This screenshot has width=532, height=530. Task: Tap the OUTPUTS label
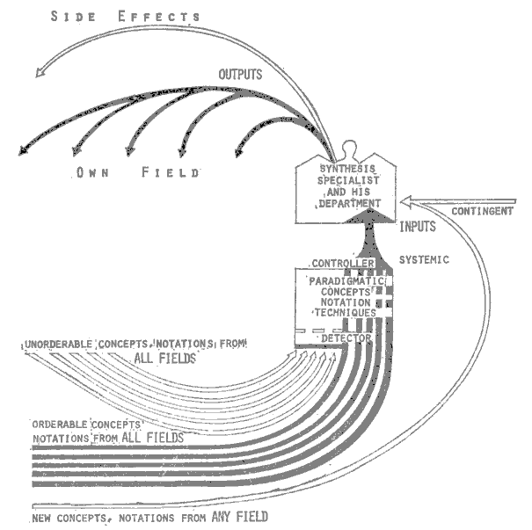[237, 75]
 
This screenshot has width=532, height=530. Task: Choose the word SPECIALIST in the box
[346, 181]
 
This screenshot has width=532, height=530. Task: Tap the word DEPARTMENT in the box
[346, 203]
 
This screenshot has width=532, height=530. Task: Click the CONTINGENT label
[483, 211]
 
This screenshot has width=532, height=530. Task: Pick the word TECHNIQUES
[344, 312]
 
